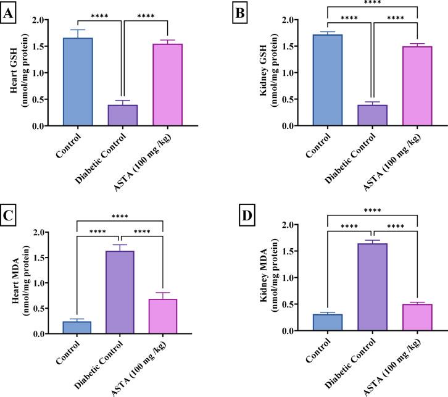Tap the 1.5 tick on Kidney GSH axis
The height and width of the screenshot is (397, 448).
(295, 46)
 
